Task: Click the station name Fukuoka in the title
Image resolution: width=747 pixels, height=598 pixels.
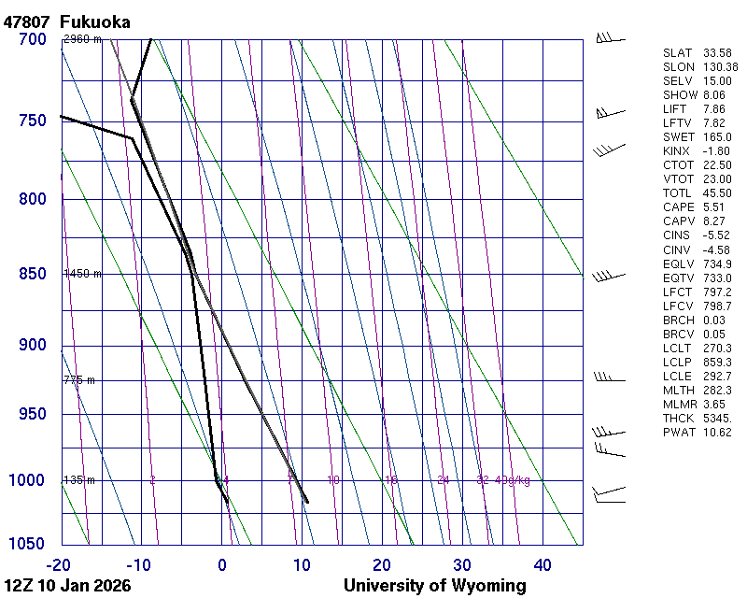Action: click(x=94, y=21)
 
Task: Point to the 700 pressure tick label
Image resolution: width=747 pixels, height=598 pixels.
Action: click(x=32, y=39)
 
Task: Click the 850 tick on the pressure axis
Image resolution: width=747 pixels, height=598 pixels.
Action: click(x=32, y=274)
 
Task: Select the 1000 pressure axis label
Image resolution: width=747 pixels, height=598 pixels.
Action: click(x=27, y=480)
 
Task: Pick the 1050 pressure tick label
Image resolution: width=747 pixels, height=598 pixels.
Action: click(x=27, y=544)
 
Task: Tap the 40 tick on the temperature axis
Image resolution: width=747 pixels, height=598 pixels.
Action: click(x=543, y=564)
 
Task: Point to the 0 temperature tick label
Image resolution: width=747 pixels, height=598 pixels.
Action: click(x=221, y=564)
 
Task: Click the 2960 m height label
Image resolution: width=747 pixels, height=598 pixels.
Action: click(x=82, y=39)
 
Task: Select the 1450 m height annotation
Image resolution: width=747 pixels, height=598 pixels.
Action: click(x=82, y=274)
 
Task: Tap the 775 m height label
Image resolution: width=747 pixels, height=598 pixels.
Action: click(x=79, y=380)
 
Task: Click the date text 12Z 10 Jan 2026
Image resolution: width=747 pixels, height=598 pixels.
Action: click(x=67, y=586)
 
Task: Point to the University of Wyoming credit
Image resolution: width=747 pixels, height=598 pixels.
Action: click(x=434, y=586)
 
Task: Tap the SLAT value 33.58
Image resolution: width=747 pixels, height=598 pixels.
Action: click(x=717, y=52)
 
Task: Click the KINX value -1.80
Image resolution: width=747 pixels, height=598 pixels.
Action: click(x=716, y=150)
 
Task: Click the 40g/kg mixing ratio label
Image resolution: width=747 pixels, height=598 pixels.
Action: click(x=513, y=480)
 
